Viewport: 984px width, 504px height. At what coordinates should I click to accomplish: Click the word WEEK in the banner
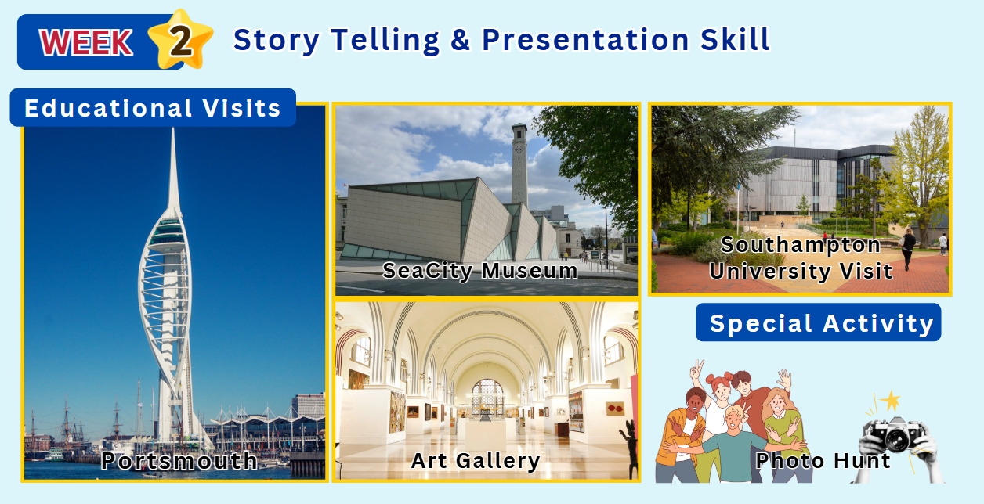(86, 42)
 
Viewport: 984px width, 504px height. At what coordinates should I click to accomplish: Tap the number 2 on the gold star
(180, 41)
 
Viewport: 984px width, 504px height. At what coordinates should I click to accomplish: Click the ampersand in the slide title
(460, 39)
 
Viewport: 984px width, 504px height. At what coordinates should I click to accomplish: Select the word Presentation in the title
(585, 39)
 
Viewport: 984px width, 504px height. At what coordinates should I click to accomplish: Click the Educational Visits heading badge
(153, 107)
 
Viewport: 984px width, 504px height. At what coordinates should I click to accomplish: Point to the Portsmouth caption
(179, 461)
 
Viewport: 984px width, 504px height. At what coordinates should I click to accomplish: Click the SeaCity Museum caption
(479, 270)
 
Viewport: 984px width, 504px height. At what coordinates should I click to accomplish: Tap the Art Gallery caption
(476, 461)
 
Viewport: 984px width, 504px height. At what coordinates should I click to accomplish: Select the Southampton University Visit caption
(801, 258)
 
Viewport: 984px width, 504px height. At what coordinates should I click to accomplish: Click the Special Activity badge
(819, 322)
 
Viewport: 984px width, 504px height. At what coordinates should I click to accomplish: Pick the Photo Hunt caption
(823, 461)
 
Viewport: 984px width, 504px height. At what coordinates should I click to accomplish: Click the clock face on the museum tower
(519, 148)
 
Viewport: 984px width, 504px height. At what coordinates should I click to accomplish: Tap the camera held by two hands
(895, 434)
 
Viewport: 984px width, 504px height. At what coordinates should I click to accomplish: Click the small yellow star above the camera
(891, 401)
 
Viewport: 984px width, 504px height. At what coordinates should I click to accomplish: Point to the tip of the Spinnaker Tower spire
(173, 128)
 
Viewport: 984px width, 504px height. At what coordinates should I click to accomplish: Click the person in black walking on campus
(908, 248)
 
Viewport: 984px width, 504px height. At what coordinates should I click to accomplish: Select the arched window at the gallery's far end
(487, 398)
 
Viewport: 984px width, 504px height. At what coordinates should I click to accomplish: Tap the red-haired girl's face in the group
(722, 388)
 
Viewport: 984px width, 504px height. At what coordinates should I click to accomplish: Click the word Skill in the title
(735, 39)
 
